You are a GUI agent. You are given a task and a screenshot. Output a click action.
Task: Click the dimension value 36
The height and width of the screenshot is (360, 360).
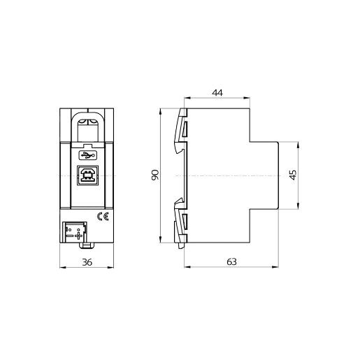[x=87, y=262]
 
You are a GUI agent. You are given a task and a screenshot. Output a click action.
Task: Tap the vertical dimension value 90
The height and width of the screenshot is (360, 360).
[x=155, y=175]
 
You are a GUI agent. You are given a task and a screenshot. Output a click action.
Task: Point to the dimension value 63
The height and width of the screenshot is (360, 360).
[x=231, y=261]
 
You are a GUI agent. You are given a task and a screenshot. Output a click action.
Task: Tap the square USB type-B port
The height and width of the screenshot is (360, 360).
[x=87, y=175]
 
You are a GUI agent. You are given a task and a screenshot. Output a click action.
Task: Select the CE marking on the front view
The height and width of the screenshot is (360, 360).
[x=101, y=216]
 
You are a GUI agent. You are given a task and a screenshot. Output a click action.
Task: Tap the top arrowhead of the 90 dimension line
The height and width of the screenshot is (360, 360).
[x=161, y=111]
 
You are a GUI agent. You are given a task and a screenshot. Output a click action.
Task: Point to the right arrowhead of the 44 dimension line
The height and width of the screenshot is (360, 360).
[x=248, y=99]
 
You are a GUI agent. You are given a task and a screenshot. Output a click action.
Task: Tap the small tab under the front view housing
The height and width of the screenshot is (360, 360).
[x=87, y=244]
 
